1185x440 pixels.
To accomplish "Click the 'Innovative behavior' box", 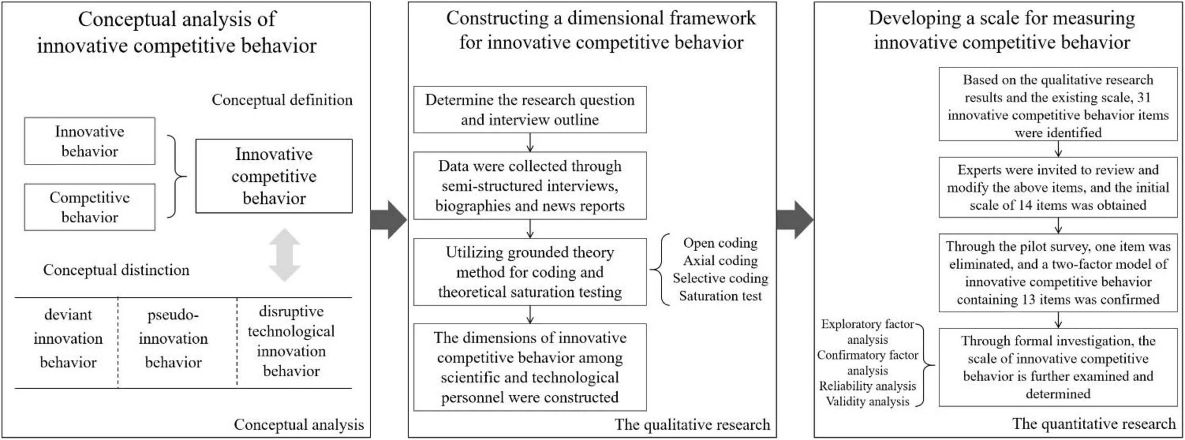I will tap(90, 141).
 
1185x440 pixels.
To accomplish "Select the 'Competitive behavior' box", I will tap(90, 207).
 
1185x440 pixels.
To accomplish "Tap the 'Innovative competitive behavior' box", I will tap(274, 176).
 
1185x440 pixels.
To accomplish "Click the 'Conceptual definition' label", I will tap(282, 100).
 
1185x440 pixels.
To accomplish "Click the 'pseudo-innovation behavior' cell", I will tap(173, 339).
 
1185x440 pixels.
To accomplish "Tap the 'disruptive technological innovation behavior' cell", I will tap(291, 341).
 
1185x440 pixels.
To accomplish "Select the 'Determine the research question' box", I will tap(530, 109).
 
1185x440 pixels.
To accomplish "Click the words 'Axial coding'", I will tap(721, 261).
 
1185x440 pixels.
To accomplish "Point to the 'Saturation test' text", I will tap(721, 296).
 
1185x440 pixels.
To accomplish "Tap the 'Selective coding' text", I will tap(721, 278).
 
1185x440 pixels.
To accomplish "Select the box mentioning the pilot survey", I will tap(1058, 273).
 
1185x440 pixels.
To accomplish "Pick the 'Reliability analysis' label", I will tap(868, 386).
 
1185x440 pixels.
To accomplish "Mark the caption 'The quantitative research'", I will tap(1094, 423).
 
